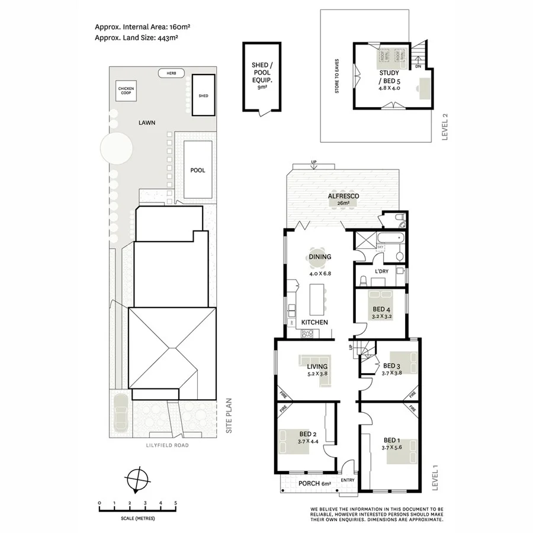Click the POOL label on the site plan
pyautogui.click(x=198, y=170)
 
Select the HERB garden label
pyautogui.click(x=171, y=73)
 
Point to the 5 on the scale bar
pyautogui.click(x=175, y=503)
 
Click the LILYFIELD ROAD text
pyautogui.click(x=168, y=445)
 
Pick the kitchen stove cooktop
pyautogui.click(x=307, y=333)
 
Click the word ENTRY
pyautogui.click(x=348, y=480)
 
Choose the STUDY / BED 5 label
pyautogui.click(x=390, y=78)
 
